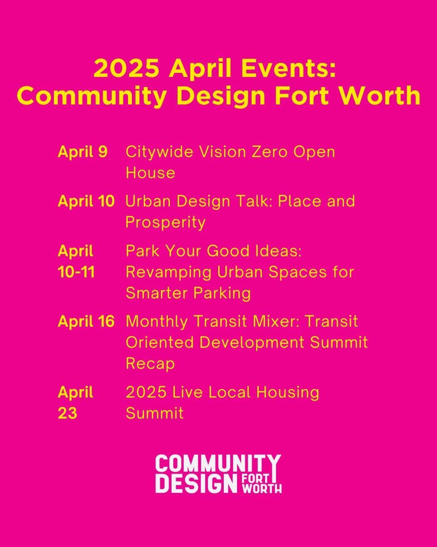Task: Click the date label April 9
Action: (83, 152)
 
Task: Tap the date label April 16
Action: (86, 322)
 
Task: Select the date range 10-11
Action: (76, 272)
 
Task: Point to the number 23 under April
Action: (67, 413)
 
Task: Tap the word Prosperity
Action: (165, 222)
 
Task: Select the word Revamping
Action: (168, 272)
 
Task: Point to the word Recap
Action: (150, 363)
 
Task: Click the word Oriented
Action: (160, 342)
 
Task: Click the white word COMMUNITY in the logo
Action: (218, 464)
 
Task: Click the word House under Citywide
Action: (150, 173)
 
